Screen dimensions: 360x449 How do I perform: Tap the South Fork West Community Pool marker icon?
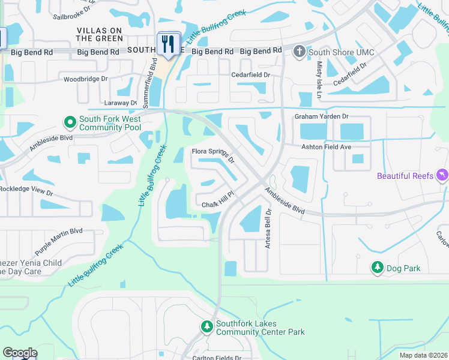(x=70, y=122)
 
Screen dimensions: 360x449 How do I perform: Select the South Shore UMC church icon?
(x=299, y=52)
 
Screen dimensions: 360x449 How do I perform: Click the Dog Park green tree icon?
(x=377, y=268)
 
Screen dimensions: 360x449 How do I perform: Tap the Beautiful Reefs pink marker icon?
(x=442, y=175)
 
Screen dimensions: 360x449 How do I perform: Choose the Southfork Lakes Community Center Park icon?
(x=206, y=326)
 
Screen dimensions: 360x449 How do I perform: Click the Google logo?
(x=20, y=353)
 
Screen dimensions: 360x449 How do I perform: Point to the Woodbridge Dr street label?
(x=85, y=79)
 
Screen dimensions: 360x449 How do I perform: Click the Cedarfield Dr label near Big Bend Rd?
(x=252, y=75)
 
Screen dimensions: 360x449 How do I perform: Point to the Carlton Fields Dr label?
(x=217, y=358)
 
